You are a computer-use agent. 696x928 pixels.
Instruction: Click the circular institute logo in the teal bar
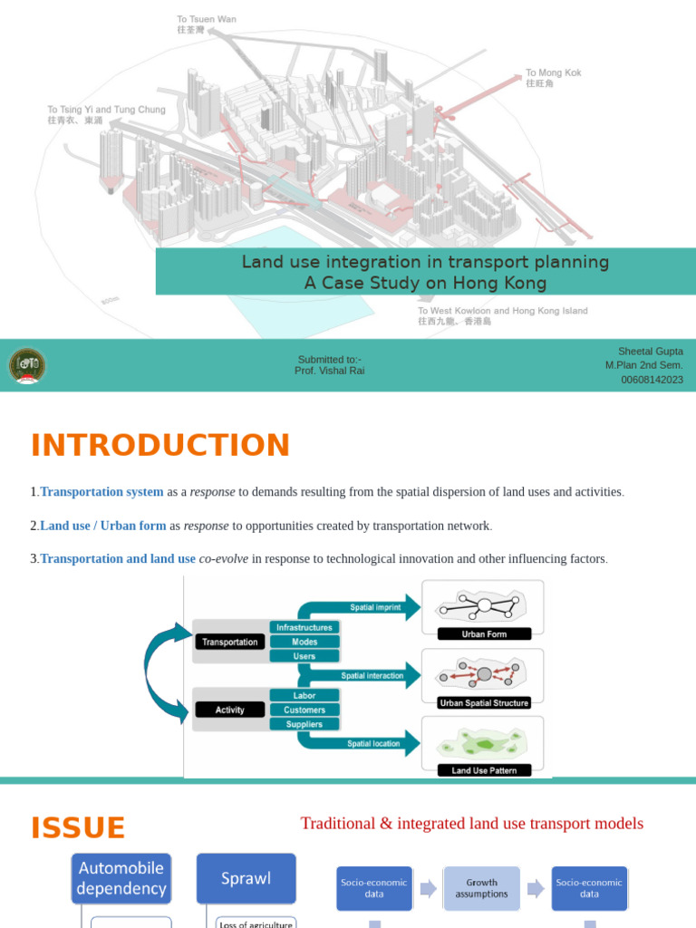[x=27, y=366]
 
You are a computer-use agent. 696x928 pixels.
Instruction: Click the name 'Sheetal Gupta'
[x=650, y=352]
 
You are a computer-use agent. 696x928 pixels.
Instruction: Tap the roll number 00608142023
[x=652, y=380]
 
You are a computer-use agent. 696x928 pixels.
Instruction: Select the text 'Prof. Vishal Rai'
[x=329, y=371]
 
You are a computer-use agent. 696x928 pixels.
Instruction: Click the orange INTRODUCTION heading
[x=160, y=446]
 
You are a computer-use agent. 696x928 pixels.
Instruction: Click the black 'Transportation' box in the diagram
[x=230, y=642]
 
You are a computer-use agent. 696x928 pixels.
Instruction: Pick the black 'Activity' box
[x=230, y=710]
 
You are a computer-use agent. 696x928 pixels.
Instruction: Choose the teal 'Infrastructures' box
[x=304, y=627]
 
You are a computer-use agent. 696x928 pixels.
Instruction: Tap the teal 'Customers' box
[x=304, y=710]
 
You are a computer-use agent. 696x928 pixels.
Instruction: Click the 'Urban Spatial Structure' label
[x=484, y=702]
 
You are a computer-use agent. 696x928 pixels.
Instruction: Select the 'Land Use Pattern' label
[x=484, y=770]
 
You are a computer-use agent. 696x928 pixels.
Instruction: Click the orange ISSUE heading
[x=78, y=828]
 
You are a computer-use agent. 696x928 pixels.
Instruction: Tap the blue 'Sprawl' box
[x=246, y=878]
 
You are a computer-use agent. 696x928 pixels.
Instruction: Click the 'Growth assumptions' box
[x=481, y=888]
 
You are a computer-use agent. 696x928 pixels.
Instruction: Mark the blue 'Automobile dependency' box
[x=121, y=878]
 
